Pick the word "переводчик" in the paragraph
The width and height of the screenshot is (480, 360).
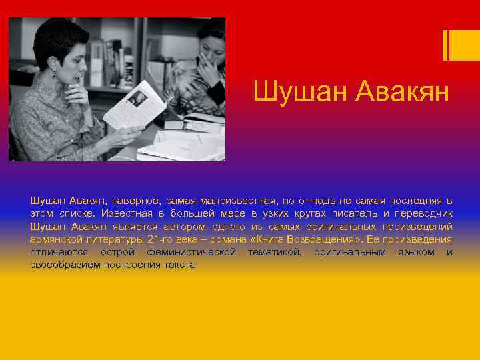(x=425, y=213)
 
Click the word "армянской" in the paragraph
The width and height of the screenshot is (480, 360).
(x=53, y=239)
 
